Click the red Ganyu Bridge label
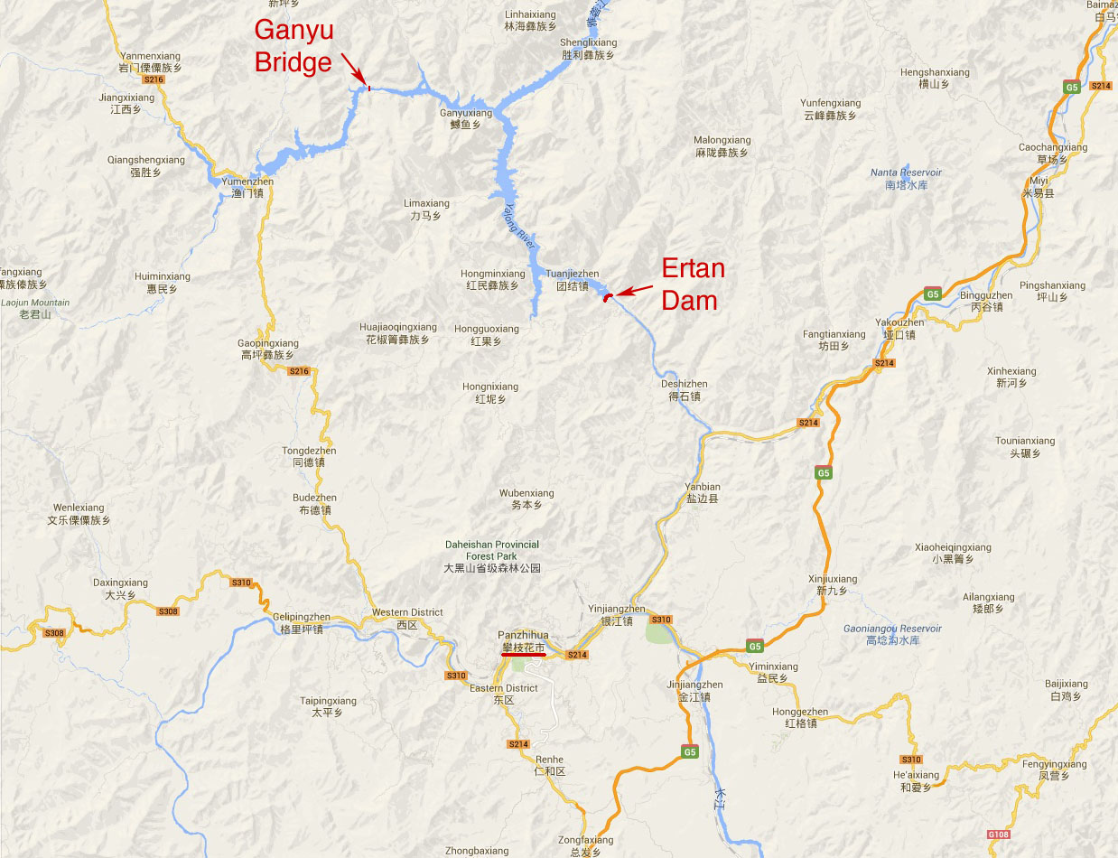[293, 45]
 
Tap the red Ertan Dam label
[693, 284]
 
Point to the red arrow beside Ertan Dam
[636, 291]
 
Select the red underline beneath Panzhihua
[523, 655]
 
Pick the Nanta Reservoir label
[906, 178]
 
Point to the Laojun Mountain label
[36, 309]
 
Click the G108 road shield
[997, 834]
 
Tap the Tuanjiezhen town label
[572, 280]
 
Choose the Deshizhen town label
[684, 390]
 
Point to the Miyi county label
[1039, 187]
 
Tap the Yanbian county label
[702, 492]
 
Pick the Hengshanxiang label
[935, 78]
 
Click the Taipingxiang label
[328, 706]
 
